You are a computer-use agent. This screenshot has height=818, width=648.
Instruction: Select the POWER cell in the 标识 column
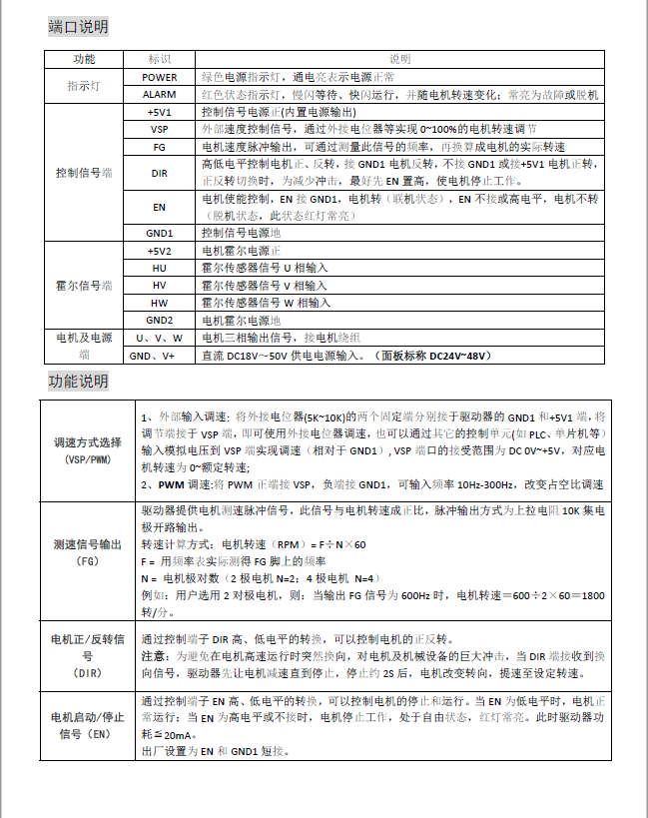[x=160, y=77]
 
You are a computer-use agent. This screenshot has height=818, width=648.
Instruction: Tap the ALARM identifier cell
[x=160, y=94]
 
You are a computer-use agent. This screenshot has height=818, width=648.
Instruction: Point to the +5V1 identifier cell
[x=160, y=113]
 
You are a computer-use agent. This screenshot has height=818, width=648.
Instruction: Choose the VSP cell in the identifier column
[x=160, y=130]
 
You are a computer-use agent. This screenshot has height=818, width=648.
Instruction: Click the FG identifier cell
[x=160, y=147]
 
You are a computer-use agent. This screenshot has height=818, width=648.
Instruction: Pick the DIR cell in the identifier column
[x=160, y=173]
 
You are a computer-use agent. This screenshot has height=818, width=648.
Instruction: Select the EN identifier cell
[x=160, y=208]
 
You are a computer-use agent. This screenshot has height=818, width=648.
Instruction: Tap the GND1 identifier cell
[x=160, y=233]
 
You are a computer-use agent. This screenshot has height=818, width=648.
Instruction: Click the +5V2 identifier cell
[x=160, y=251]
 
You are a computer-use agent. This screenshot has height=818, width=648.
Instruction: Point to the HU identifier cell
[x=160, y=268]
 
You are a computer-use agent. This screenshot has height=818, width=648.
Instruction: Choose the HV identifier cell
[x=160, y=285]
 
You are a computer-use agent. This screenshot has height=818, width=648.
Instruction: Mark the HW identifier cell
[x=160, y=302]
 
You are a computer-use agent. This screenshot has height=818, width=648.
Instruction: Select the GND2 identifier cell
[x=160, y=320]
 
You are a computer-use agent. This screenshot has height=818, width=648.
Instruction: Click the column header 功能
[x=84, y=59]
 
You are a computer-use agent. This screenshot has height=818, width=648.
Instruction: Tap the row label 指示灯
[x=84, y=86]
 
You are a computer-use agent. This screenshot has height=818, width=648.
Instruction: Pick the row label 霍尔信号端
[x=84, y=285]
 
